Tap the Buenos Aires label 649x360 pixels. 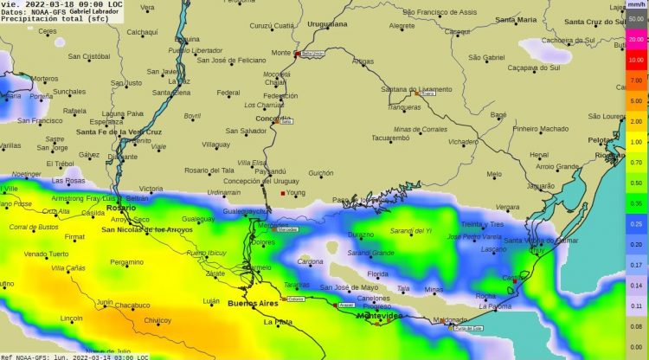coord(254,304)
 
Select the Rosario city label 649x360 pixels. coord(121,208)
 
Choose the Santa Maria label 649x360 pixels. coord(517,19)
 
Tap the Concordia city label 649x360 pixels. coord(273,118)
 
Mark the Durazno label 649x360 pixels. coord(361,235)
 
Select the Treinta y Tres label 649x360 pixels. coord(482,224)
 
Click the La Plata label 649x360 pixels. coord(279,322)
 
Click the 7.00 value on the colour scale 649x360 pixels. coord(636,80)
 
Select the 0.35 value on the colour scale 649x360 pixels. coord(636,203)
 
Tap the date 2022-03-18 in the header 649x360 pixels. coord(48,4)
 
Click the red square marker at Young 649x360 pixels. coord(282,193)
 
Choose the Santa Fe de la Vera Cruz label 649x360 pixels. coord(119,132)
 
